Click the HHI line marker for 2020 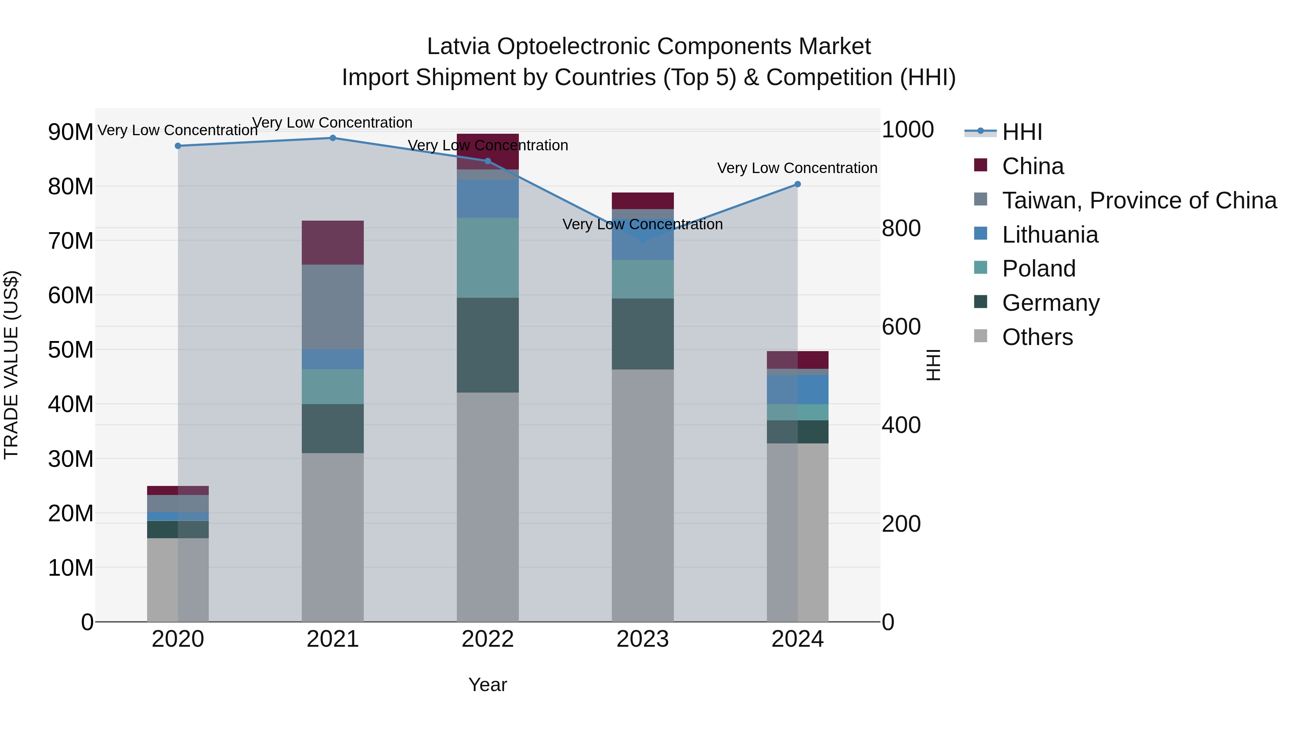point(178,146)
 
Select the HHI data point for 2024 point(797,184)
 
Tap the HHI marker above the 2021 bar point(332,138)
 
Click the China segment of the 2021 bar point(332,243)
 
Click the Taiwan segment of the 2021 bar point(332,307)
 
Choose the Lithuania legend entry point(1050,235)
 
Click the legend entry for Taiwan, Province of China point(1139,200)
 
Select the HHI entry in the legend point(1022,132)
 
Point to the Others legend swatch point(981,336)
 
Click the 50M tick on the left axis point(71,350)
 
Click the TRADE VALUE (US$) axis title point(11,365)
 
